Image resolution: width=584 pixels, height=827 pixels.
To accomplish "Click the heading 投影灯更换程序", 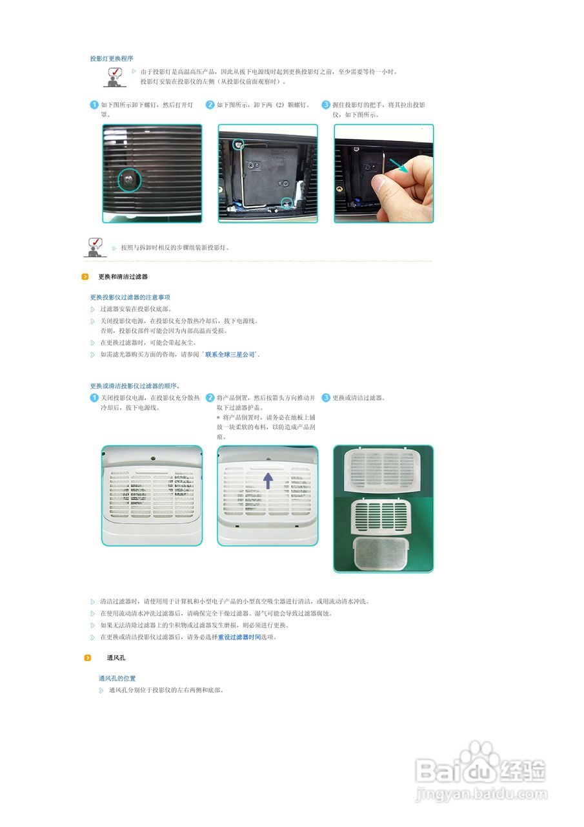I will click(x=112, y=59).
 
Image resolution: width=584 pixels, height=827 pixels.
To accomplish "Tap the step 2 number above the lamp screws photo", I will click(x=210, y=105).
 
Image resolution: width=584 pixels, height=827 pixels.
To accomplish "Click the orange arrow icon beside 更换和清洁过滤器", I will click(x=85, y=277).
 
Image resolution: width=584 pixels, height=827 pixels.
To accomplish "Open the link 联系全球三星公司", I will click(x=230, y=355).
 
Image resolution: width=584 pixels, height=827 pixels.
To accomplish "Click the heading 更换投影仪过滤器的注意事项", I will click(x=130, y=297).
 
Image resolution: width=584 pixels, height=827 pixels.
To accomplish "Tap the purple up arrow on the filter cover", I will click(x=268, y=480).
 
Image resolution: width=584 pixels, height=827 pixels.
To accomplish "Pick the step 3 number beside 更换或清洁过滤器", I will click(x=326, y=398).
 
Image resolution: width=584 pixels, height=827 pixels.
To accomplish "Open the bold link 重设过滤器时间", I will click(x=239, y=637).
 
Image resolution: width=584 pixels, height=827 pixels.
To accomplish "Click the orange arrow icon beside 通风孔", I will click(x=87, y=658).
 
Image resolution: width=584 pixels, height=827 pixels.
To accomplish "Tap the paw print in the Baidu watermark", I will click(x=481, y=755).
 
